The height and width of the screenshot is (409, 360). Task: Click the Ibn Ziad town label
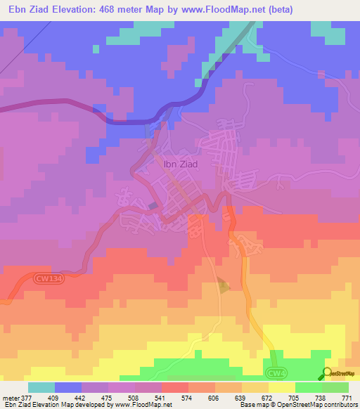click(x=181, y=164)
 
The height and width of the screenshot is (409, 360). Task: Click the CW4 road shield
click(x=276, y=372)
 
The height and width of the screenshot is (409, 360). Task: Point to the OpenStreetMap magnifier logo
click(x=326, y=372)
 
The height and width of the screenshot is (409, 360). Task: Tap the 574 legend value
click(x=188, y=397)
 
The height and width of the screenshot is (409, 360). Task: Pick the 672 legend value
click(x=269, y=397)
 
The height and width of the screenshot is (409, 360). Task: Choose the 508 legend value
click(x=135, y=397)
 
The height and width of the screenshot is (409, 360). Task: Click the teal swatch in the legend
click(x=41, y=387)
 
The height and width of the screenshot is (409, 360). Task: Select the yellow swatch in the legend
click(x=282, y=387)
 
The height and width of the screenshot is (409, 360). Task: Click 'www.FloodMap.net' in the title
click(x=220, y=9)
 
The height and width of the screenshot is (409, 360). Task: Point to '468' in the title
click(x=112, y=9)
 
